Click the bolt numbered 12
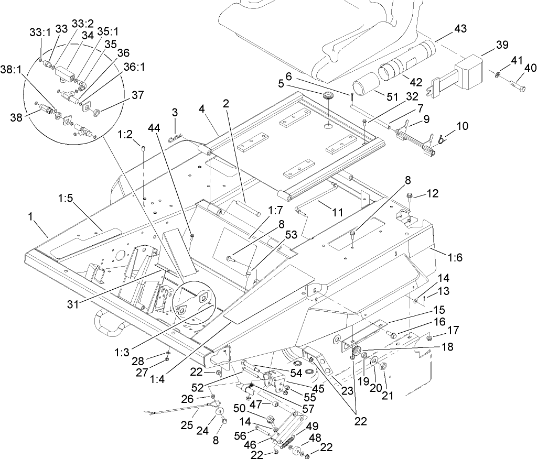[409, 197]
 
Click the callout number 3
[174, 112]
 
